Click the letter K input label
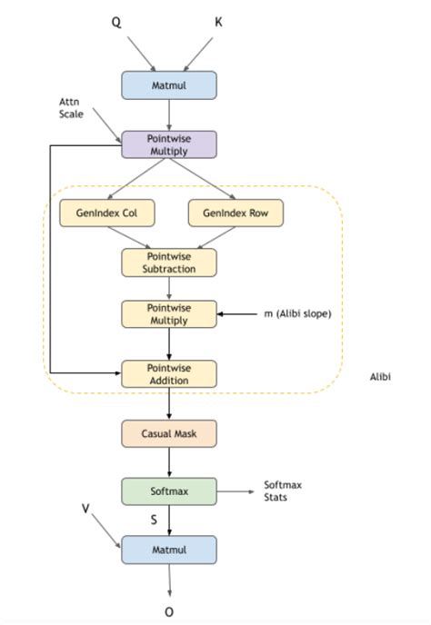coord(218,20)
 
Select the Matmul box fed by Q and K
coord(169,84)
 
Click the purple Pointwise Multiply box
coord(169,145)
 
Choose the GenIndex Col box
coord(105,213)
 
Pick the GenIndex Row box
coord(235,213)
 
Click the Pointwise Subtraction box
coord(169,263)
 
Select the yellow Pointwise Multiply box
coord(169,313)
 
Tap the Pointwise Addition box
coord(169,373)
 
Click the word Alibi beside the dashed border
coord(381,374)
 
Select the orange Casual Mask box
coord(169,433)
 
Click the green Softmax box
coord(169,491)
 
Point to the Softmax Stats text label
coord(282,491)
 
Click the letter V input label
coord(85,510)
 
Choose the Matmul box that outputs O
coord(169,549)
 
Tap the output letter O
coord(169,611)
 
